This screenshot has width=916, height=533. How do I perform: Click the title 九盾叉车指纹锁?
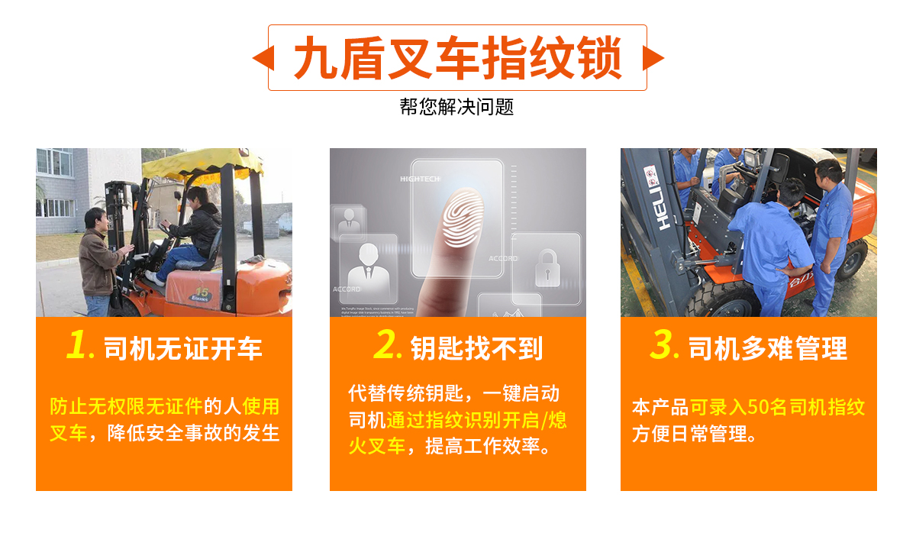457,58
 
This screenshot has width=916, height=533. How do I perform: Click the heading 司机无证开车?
182,349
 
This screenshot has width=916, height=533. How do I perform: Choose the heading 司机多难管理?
767,349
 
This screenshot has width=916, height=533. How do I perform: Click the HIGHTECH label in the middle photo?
421,179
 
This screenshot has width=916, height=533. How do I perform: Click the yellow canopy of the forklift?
202,164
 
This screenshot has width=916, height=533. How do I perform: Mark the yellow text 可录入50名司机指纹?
777,407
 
